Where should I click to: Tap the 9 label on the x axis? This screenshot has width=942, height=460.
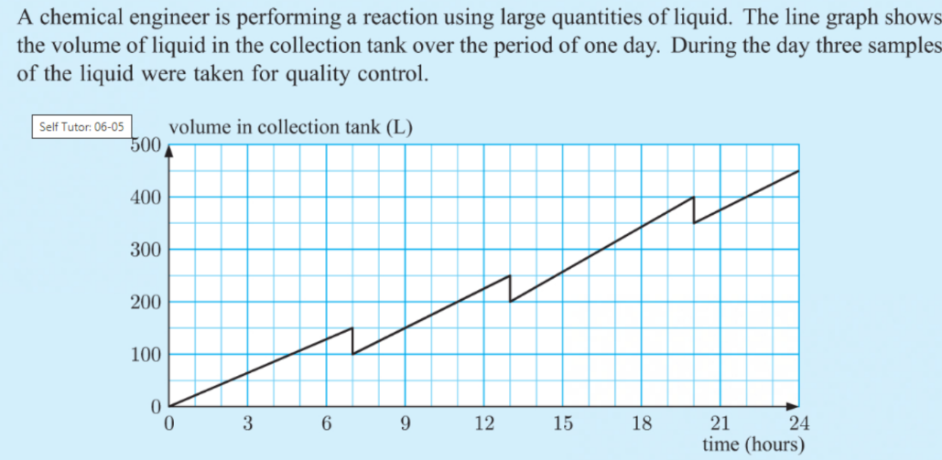(406, 423)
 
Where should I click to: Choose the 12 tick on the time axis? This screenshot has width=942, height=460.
(484, 423)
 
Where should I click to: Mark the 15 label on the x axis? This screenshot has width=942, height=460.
(563, 423)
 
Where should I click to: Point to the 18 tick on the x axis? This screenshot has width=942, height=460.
(642, 423)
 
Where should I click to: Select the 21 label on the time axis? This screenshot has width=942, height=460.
(720, 423)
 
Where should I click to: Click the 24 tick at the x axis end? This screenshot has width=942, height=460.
(798, 423)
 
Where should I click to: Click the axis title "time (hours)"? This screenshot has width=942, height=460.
(753, 444)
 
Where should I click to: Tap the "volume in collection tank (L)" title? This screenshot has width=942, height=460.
(289, 127)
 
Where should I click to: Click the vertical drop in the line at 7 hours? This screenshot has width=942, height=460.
(352, 341)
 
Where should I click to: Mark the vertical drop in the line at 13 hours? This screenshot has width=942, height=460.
(510, 289)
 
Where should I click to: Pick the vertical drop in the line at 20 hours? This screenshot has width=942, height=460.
(694, 209)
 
